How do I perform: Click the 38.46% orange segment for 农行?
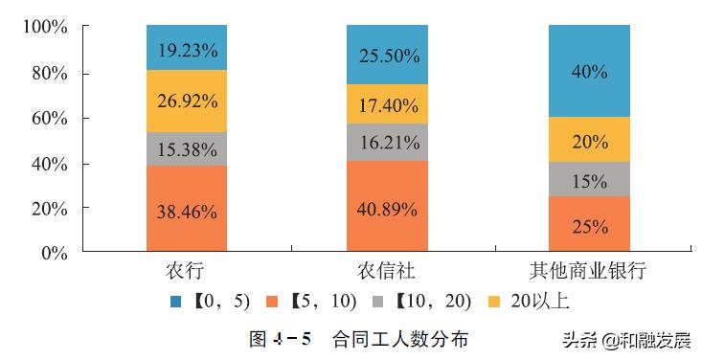point(187,209)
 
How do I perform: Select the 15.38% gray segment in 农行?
point(187,148)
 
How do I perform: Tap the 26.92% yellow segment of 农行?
point(187,101)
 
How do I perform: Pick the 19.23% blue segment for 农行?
point(187,48)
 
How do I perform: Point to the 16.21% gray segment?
point(387,142)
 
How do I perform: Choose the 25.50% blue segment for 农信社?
point(387,55)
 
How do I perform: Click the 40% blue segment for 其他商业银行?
point(589,71)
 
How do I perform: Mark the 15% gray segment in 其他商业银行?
point(589,179)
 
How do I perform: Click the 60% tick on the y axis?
point(47,119)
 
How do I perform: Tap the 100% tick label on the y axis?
point(44,28)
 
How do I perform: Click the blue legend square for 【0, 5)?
point(176,302)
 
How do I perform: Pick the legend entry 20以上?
point(540,302)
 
